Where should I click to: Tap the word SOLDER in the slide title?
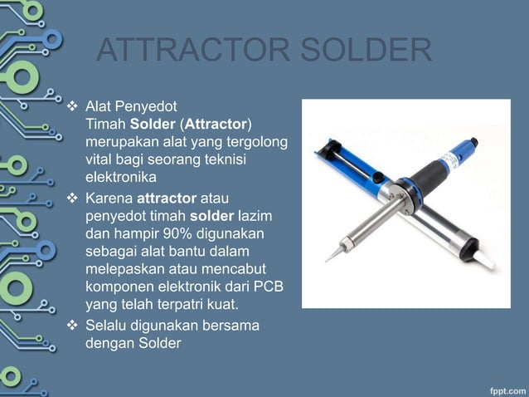(x=366, y=51)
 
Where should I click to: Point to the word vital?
(x=99, y=159)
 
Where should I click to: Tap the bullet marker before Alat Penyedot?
(x=71, y=108)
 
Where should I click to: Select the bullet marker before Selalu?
(x=71, y=326)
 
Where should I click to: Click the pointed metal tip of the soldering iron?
(x=329, y=257)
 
